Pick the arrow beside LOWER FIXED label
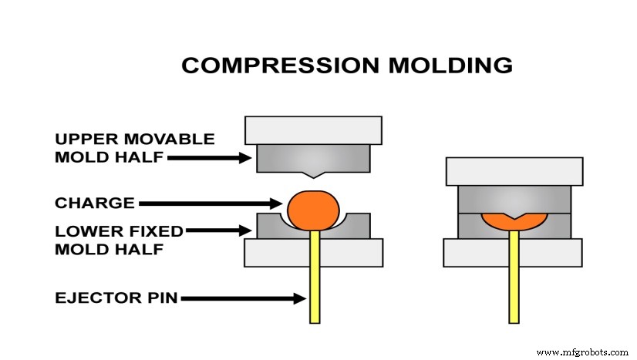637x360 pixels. [x=220, y=230]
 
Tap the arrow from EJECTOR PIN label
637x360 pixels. [x=243, y=298]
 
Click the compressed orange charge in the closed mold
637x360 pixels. [x=514, y=220]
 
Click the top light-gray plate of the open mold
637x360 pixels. [x=313, y=130]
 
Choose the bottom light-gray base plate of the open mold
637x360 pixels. [x=313, y=252]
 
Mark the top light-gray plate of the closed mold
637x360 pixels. [x=514, y=170]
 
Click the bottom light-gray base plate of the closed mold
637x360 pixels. [x=514, y=252]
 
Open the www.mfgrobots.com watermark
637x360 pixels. [x=581, y=352]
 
